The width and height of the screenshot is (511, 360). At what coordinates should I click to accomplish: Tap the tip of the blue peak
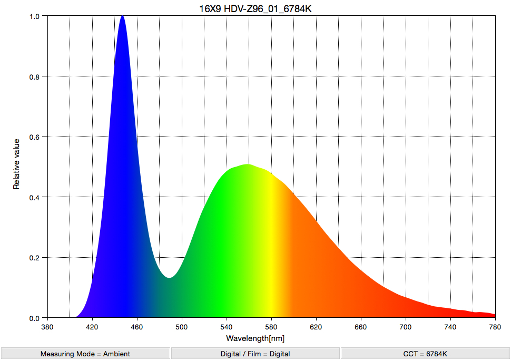click(x=123, y=17)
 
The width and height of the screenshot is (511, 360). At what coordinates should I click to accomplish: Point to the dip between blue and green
click(x=169, y=277)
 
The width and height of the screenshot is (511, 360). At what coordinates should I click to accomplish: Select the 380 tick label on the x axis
click(x=48, y=327)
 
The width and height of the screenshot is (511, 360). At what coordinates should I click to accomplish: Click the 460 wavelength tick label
click(x=137, y=327)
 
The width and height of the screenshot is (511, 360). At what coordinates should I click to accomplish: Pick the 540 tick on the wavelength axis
click(x=227, y=327)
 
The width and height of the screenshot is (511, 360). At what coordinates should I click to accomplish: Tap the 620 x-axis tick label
click(x=317, y=327)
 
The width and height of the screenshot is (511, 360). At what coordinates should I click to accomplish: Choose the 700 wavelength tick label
click(x=406, y=327)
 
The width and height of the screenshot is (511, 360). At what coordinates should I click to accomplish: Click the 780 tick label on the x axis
click(x=495, y=327)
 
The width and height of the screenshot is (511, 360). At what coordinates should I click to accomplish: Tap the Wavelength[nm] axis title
click(x=255, y=338)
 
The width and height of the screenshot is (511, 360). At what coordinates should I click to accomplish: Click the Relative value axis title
click(x=16, y=164)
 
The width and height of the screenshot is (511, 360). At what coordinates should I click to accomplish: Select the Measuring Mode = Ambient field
click(x=85, y=354)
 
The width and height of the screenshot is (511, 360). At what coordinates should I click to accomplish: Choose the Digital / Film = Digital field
click(x=255, y=354)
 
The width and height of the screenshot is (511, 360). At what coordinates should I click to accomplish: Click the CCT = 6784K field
click(x=425, y=354)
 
